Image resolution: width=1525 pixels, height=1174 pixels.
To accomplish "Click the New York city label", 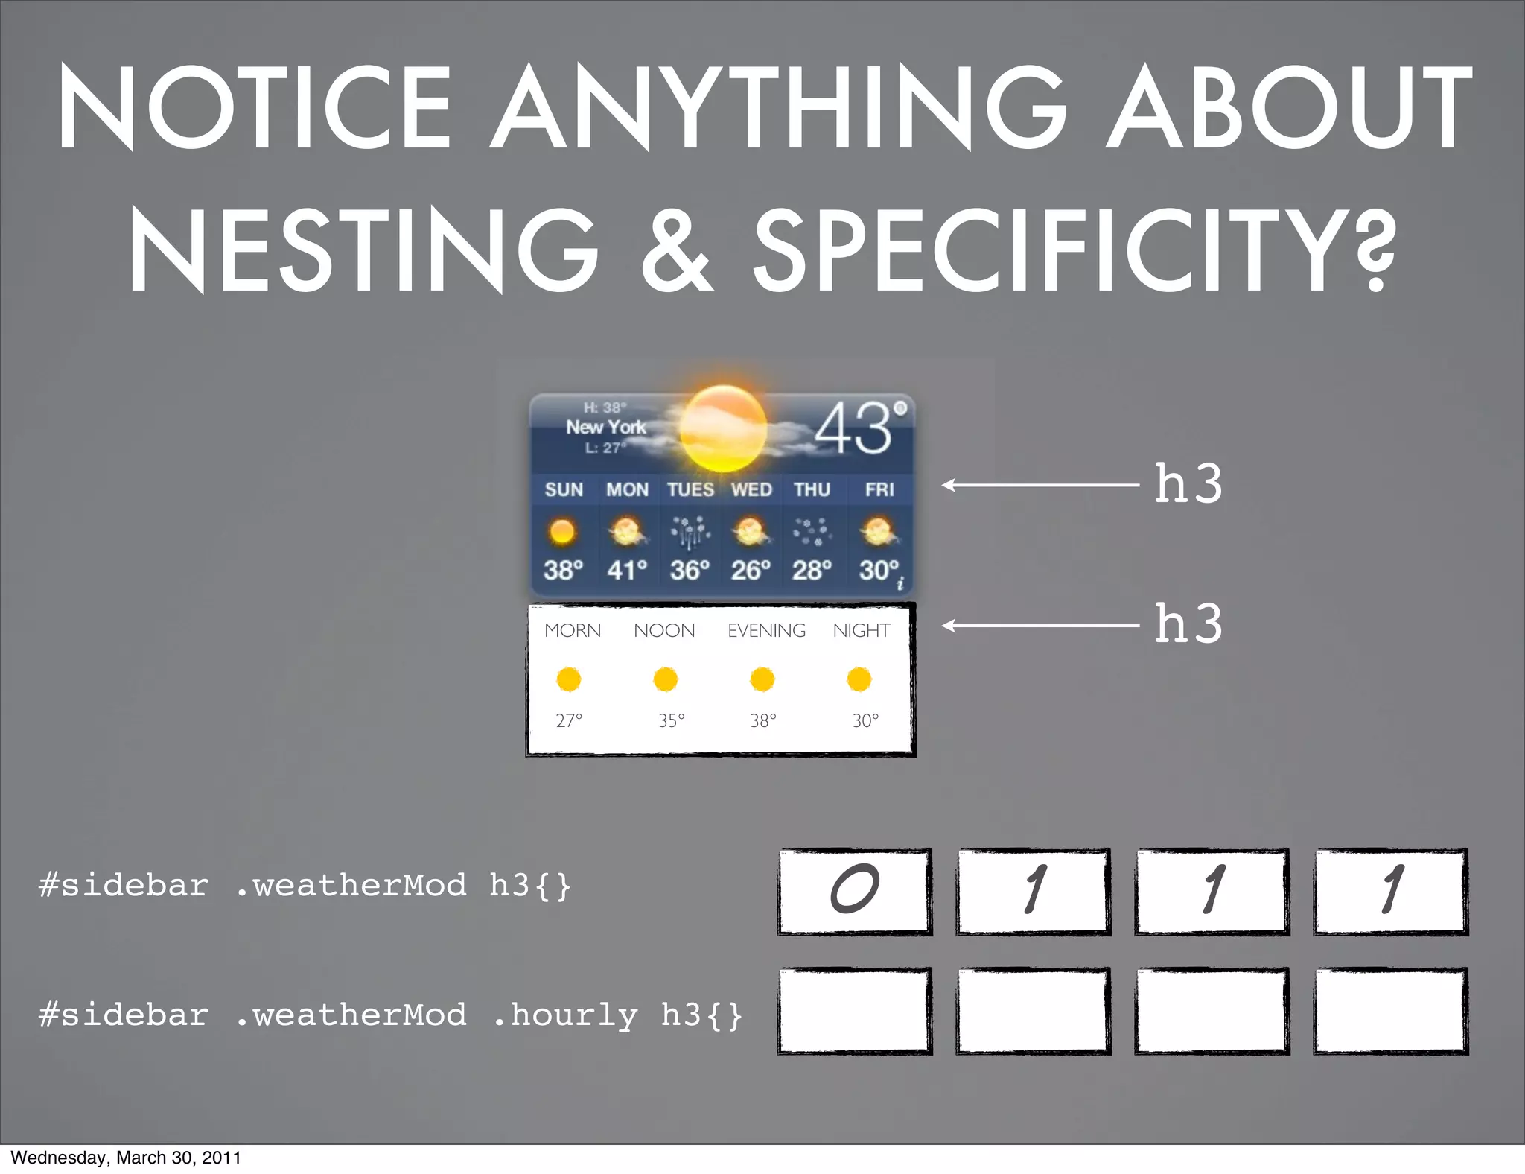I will coord(606,427).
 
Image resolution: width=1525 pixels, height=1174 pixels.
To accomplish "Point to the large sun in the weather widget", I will coord(722,428).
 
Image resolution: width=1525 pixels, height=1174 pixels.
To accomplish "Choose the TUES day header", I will coord(690,489).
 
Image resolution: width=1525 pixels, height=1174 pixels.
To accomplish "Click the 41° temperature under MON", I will coord(627,570).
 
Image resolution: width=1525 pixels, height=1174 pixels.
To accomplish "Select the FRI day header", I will coord(879,489).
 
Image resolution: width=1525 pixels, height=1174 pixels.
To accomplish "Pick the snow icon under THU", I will coord(812,531).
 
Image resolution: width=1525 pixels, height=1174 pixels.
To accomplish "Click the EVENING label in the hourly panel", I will coord(766,631).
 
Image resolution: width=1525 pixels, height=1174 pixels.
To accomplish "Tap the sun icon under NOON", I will coord(665,679).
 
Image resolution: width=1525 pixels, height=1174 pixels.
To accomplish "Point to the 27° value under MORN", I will coord(569,720).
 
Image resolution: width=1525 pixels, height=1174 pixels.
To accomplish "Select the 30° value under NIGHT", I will coord(865,720).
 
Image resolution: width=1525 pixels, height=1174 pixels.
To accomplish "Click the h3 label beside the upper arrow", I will coord(1188,484).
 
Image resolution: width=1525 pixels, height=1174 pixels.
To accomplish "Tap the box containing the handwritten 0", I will coord(855,891).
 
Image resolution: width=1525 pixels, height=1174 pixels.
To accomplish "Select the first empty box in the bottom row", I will coord(855,1011).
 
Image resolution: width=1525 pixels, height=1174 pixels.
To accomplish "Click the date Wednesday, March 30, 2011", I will coord(126,1158).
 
